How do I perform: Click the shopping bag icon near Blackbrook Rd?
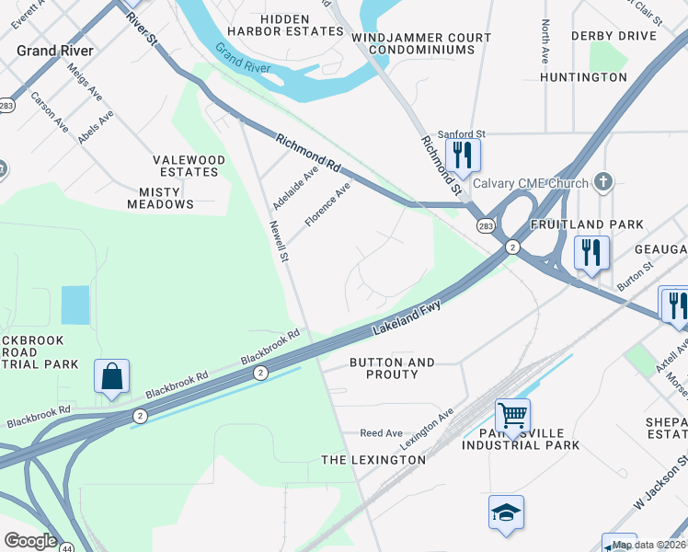[111, 375]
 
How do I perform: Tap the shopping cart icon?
[512, 414]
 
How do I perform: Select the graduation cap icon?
[506, 512]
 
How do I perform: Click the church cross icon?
[602, 181]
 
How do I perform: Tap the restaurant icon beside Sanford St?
[463, 154]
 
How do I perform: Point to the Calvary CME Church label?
[531, 181]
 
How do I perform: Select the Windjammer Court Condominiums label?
[421, 44]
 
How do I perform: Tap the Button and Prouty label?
[392, 368]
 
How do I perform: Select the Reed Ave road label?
[381, 432]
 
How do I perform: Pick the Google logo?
[30, 541]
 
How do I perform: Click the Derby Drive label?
[613, 36]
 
